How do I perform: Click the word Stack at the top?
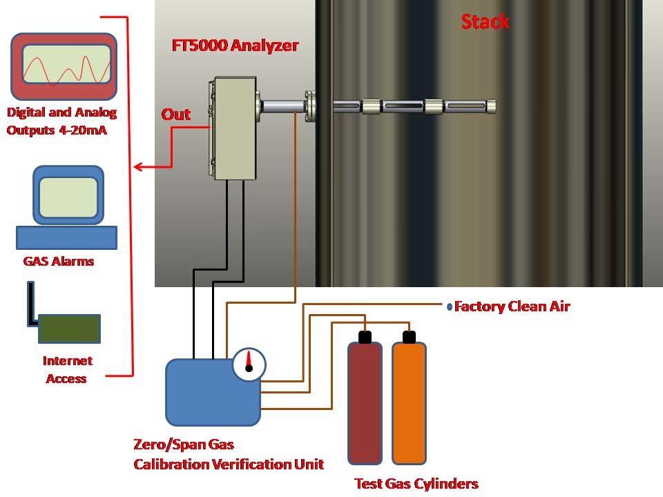(485, 21)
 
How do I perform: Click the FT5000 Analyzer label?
(235, 46)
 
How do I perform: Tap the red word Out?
(176, 115)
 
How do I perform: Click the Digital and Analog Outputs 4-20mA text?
(61, 121)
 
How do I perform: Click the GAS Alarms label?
(58, 262)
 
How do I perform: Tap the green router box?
(69, 329)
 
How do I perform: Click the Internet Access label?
(67, 369)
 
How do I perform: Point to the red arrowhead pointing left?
(138, 166)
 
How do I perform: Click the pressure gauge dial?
(249, 364)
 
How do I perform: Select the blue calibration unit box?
(207, 393)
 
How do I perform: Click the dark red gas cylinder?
(365, 403)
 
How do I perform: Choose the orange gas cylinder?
(409, 403)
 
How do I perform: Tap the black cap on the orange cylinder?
(409, 337)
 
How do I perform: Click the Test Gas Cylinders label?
(416, 484)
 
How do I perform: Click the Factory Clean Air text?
(512, 306)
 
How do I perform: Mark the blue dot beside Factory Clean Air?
(450, 306)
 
